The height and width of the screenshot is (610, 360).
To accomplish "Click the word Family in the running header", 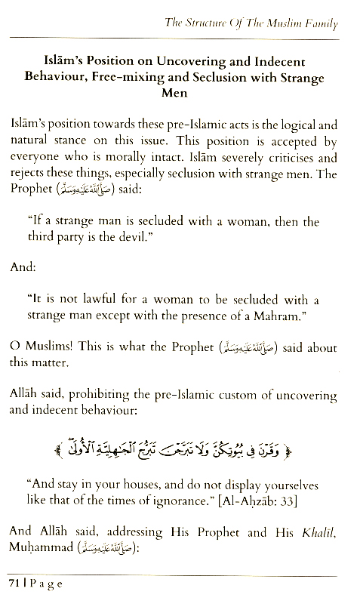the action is click(x=320, y=24).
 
